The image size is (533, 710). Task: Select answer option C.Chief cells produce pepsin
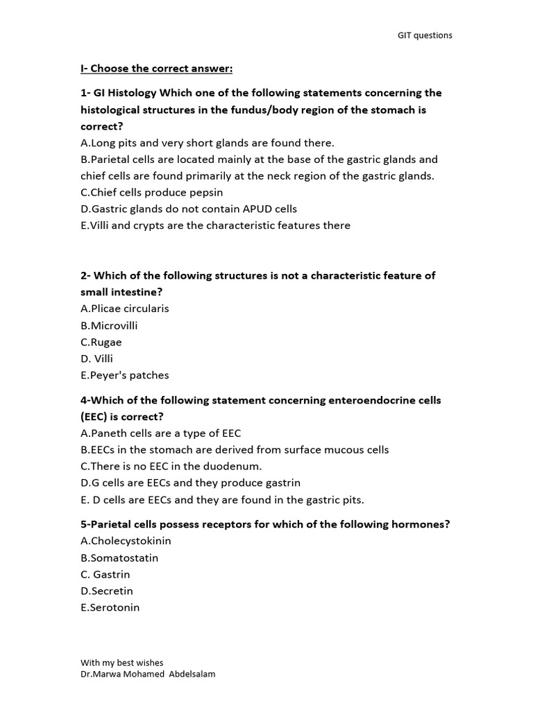152,192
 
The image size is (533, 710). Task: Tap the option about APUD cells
189,209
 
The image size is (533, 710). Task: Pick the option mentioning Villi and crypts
215,225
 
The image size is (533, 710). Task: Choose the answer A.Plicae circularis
125,309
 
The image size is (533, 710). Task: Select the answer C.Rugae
101,342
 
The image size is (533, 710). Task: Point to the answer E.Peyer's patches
125,375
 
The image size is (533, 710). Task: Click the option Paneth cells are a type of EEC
161,433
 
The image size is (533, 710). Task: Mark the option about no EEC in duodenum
171,466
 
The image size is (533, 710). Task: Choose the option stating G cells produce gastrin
190,483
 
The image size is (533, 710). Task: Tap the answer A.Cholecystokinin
126,541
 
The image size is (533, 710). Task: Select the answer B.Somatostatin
119,557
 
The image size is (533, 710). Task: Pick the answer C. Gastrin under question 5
105,574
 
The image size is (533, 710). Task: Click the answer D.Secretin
107,591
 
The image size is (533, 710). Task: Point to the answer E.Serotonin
110,607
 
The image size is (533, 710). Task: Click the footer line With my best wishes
122,663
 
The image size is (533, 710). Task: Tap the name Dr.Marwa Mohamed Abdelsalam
148,674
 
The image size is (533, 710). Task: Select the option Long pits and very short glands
208,143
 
